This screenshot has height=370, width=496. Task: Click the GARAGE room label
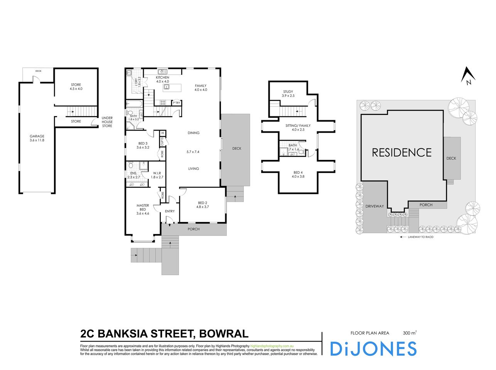pyautogui.click(x=37, y=136)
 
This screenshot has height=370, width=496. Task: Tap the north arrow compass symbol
pyautogui.click(x=468, y=75)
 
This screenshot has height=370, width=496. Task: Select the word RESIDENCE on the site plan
pyautogui.click(x=402, y=153)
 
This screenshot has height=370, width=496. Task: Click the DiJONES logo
pyautogui.click(x=373, y=349)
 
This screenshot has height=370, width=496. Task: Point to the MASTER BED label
pyautogui.click(x=143, y=207)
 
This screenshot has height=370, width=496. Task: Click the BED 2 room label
pyautogui.click(x=202, y=203)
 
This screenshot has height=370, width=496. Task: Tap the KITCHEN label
pyautogui.click(x=162, y=77)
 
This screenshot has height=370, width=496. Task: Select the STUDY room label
pyautogui.click(x=288, y=92)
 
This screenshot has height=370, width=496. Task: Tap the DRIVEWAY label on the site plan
pyautogui.click(x=375, y=206)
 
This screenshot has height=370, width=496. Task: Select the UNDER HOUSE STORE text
pyautogui.click(x=107, y=122)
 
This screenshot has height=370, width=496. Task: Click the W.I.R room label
pyautogui.click(x=157, y=173)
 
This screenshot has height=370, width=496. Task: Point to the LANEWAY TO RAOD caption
pyautogui.click(x=420, y=237)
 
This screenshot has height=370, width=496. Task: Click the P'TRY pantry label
pyautogui.click(x=176, y=103)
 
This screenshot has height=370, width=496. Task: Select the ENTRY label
pyautogui.click(x=170, y=211)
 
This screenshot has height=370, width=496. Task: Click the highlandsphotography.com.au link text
pyautogui.click(x=272, y=346)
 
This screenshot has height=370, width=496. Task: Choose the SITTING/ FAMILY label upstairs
pyautogui.click(x=298, y=126)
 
